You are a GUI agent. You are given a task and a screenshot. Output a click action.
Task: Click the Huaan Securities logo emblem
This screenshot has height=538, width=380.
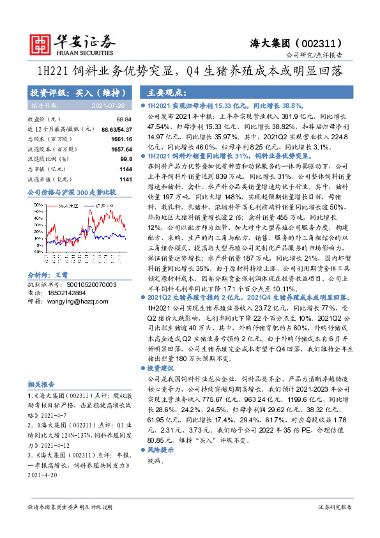click(42, 42)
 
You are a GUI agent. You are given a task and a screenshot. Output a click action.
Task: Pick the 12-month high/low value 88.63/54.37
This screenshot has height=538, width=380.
click(116, 129)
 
